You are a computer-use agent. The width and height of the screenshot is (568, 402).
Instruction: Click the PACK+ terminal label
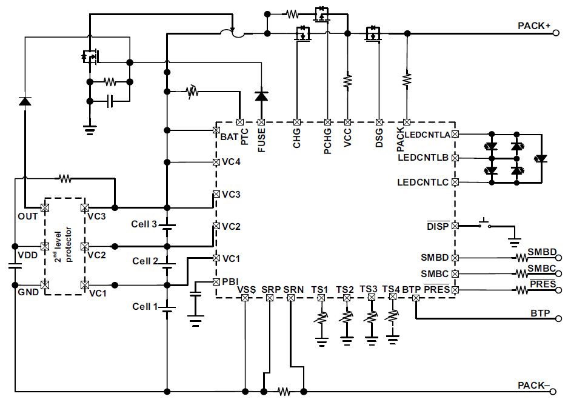533,26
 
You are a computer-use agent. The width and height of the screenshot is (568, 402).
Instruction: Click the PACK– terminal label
533,386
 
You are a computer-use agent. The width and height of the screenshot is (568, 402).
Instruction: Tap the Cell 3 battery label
144,224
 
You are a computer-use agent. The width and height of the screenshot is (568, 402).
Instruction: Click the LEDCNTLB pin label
423,158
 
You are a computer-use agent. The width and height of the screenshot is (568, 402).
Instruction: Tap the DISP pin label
438,226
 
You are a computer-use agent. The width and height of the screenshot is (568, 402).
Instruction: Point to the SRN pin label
293,290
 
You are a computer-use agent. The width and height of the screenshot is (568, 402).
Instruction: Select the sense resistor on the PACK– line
283,390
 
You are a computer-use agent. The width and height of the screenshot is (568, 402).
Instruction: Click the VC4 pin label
231,162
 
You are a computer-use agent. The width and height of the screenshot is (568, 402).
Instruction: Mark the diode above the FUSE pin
261,96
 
